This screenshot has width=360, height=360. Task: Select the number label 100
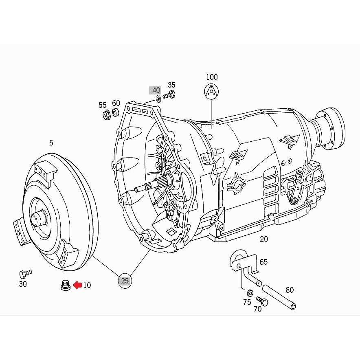[212, 77]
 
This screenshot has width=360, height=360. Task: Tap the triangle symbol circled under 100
[211, 92]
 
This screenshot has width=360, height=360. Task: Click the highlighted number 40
[156, 90]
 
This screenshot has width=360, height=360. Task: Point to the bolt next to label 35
[169, 95]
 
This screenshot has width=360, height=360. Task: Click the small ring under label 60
[116, 112]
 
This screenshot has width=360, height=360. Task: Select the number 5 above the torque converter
[51, 143]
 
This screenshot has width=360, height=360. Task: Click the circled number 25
[125, 281]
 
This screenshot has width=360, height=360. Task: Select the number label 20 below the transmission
[264, 239]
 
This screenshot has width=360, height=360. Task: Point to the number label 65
[263, 262]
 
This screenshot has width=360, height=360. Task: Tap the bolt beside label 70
[262, 301]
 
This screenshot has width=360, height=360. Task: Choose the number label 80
[290, 290]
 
